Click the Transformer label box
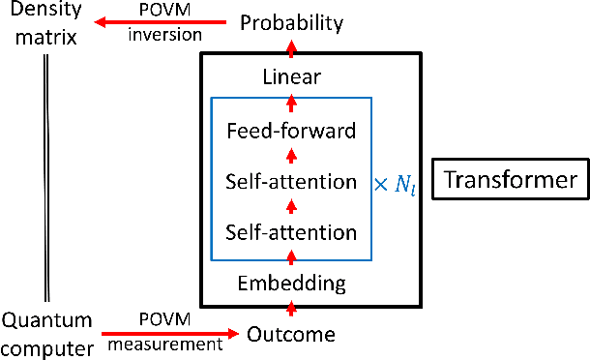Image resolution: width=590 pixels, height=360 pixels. pos(509,180)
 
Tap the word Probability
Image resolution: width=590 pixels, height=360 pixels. pos(291,21)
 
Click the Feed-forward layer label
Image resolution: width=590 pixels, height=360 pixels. pos(291,130)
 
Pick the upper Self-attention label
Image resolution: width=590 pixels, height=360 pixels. pos(291,180)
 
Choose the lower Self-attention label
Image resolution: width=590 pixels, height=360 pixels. pos(291,231)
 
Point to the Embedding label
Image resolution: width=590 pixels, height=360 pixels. pos(291,284)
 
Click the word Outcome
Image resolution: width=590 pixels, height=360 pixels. pos(291,335)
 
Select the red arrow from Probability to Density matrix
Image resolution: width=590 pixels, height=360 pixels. pos(163,21)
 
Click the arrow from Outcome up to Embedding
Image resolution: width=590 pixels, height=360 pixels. pos(291,309)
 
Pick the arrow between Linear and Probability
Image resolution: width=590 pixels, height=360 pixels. pos(291,48)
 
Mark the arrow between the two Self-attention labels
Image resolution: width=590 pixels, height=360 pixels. pos(291,205)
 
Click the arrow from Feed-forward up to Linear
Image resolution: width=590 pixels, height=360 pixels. pos(291,102)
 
